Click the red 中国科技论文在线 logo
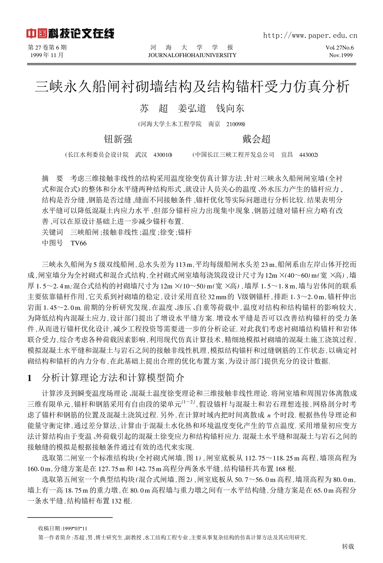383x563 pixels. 70,34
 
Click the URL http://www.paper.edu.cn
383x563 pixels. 310,35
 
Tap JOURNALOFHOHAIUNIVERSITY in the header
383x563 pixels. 192,55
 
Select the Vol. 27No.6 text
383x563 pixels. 339,48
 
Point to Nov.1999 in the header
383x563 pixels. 341,55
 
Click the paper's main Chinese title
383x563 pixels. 192,87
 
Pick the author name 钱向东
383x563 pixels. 230,109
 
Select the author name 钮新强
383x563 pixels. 118,139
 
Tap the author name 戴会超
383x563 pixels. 256,139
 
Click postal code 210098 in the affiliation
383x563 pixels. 236,124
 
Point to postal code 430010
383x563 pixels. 163,155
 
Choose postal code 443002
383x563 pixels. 308,155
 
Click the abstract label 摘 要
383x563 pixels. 52,178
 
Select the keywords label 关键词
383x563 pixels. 52,232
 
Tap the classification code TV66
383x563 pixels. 79,243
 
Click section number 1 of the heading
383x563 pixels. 30,378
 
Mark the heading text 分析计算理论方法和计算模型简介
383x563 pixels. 113,378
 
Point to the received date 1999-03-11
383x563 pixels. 75,528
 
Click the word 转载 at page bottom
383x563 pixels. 348,547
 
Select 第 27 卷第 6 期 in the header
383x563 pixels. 47,48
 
